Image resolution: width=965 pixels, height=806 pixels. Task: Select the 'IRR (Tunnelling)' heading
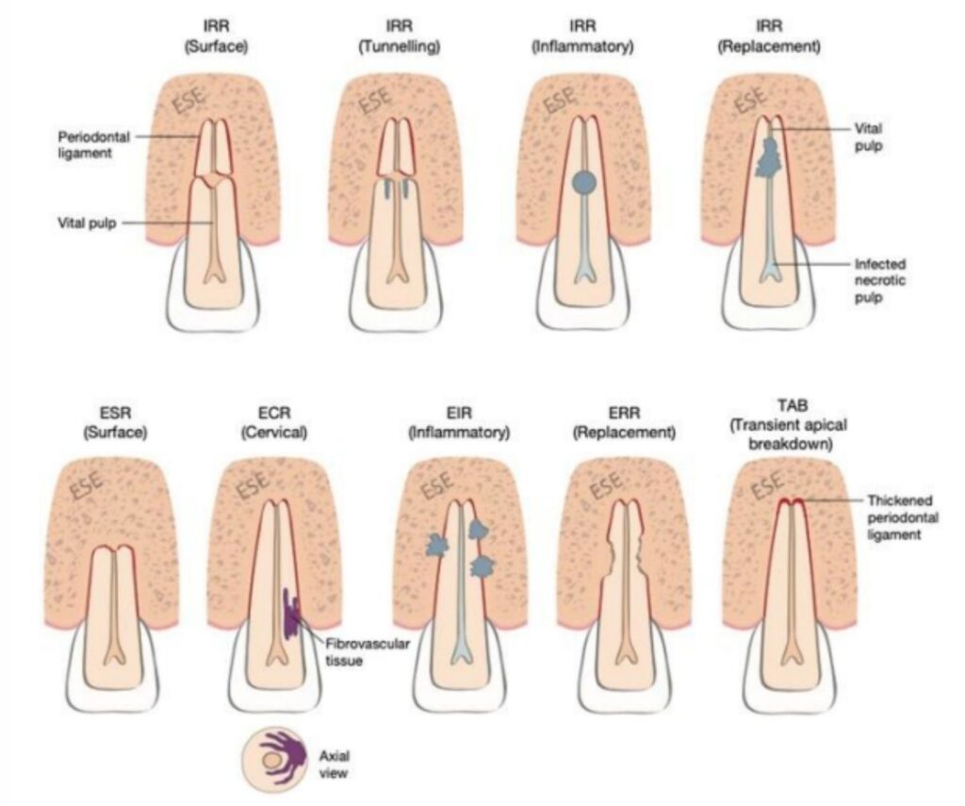(397, 32)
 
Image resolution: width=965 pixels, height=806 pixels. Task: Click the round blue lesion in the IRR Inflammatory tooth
(583, 182)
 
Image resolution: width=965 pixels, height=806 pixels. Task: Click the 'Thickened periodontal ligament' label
(891, 518)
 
